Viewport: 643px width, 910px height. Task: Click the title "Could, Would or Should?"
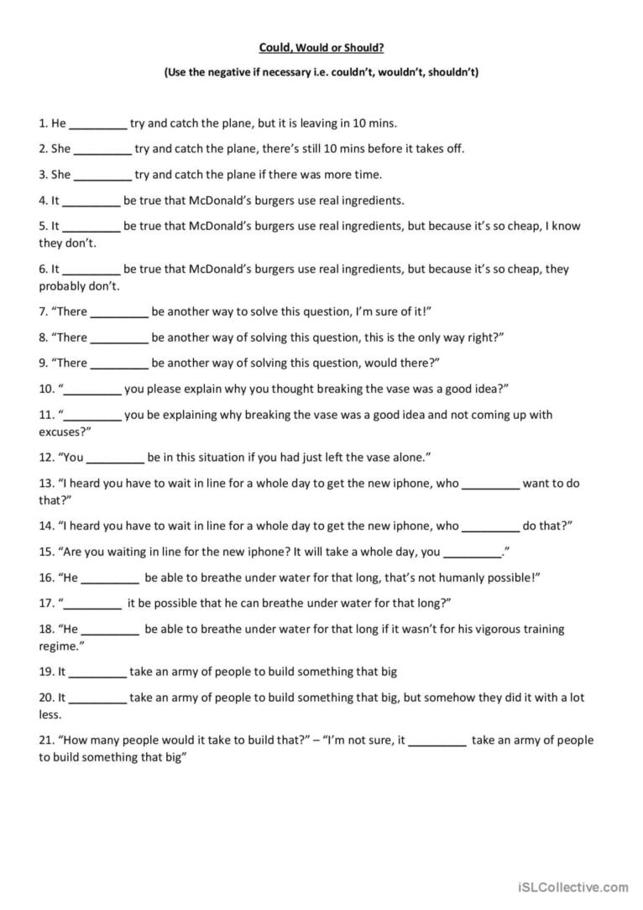[x=321, y=48]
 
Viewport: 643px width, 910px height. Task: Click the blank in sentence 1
[x=97, y=123]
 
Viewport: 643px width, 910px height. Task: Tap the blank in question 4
[x=91, y=201]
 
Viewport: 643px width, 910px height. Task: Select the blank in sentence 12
[x=115, y=458]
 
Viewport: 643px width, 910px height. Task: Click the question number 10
[x=46, y=389]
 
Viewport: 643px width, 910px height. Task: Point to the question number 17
[x=46, y=603]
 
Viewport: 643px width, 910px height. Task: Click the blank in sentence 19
[x=97, y=672]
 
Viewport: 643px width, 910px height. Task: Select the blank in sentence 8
[x=119, y=337]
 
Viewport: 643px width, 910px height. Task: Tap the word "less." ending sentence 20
[x=50, y=714]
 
